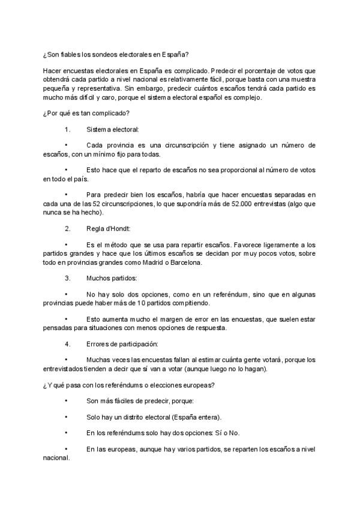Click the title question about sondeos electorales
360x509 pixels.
(116, 55)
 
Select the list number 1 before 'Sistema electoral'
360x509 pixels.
(66, 129)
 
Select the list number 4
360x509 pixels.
(66, 344)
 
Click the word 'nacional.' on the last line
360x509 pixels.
(57, 456)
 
